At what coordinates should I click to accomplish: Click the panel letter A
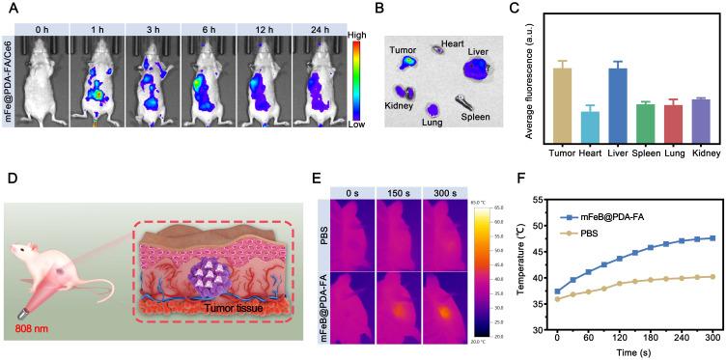click(9, 8)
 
